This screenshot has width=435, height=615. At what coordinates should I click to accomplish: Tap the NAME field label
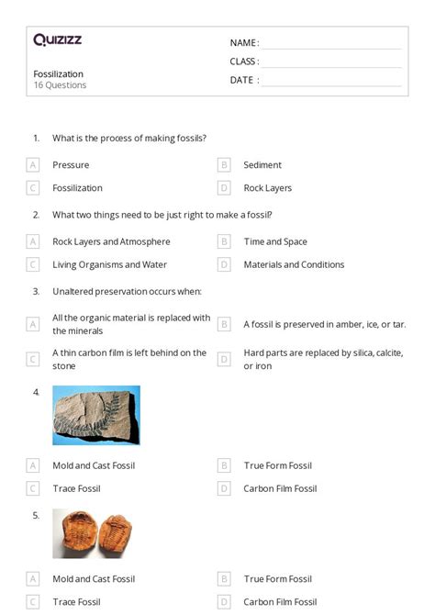tap(243, 43)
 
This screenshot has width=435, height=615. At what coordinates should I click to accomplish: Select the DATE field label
tap(243, 80)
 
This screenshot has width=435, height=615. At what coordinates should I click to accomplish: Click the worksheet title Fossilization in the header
tap(58, 73)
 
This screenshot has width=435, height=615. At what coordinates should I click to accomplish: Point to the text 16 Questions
tap(60, 85)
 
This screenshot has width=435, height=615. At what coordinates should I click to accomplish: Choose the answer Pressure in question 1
tap(71, 165)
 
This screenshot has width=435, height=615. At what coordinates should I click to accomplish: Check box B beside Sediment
tap(224, 165)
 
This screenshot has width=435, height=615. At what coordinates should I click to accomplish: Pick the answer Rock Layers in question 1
tap(267, 188)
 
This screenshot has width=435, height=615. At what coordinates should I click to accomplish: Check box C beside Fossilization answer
tap(33, 188)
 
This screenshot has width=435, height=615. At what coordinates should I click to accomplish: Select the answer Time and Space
tap(275, 242)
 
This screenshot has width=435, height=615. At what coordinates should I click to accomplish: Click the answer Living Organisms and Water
tap(108, 264)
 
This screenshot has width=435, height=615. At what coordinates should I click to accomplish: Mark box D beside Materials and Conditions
tap(224, 264)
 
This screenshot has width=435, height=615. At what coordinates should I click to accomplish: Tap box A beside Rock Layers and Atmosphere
tap(33, 242)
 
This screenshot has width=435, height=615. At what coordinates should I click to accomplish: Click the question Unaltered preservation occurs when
tap(127, 292)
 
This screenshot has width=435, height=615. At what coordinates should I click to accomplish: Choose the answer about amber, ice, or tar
tap(324, 324)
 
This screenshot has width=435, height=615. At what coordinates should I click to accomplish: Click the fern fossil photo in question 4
tap(96, 415)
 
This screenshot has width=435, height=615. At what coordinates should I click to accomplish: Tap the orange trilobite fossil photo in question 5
tap(90, 533)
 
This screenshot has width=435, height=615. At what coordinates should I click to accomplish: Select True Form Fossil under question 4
tap(277, 465)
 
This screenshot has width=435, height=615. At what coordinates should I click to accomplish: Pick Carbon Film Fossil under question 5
tap(280, 602)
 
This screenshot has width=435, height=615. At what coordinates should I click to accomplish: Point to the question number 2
tap(36, 215)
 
